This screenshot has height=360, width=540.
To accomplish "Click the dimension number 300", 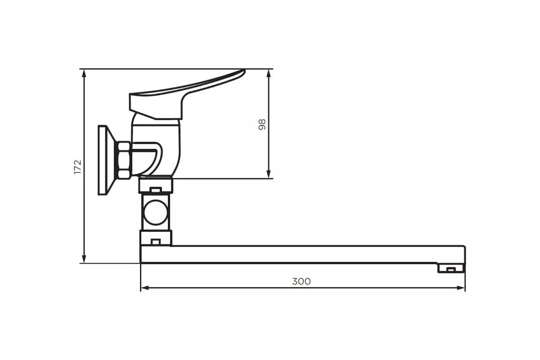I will (301, 281).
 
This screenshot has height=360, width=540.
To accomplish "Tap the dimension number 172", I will (78, 166).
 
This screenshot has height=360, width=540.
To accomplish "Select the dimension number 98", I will (262, 124).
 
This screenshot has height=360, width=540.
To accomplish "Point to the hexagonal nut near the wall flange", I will (123, 160).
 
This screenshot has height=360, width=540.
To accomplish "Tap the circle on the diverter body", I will (155, 211).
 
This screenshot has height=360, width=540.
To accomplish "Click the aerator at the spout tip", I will (450, 269).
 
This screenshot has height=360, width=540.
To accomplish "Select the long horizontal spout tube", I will (306, 254).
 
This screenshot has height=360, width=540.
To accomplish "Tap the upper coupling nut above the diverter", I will (155, 185).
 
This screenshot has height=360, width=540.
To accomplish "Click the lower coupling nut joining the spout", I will (155, 238).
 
